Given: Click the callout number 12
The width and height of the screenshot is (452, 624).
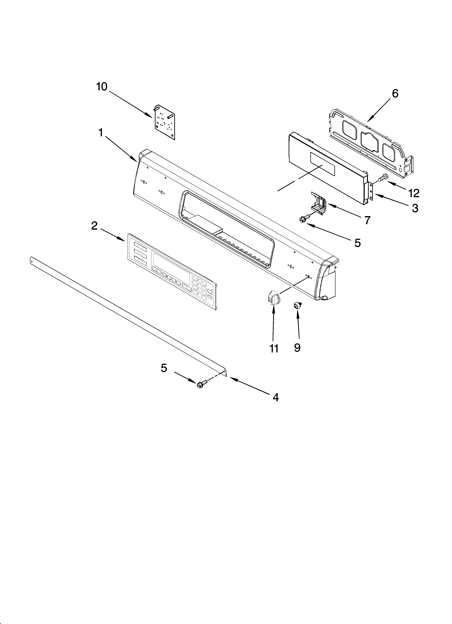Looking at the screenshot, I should (x=414, y=193).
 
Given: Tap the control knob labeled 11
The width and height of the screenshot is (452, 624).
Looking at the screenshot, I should (x=273, y=298).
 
